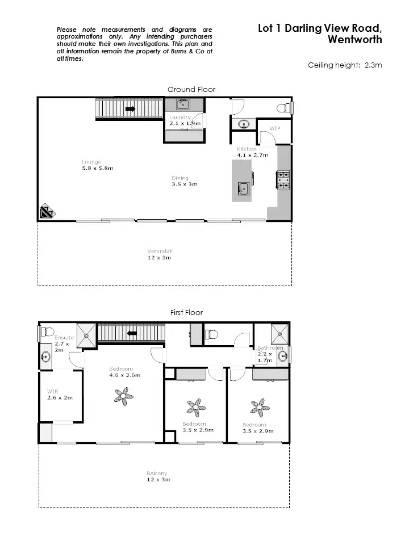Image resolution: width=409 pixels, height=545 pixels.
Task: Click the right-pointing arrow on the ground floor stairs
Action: [x=130, y=108]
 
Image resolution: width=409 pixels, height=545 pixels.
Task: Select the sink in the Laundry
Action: [x=183, y=104]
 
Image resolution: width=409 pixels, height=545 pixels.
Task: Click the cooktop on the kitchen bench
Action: [x=283, y=179]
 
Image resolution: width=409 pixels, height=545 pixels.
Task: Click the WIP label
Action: [x=275, y=128]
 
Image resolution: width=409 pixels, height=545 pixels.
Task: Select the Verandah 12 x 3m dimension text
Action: [x=160, y=258]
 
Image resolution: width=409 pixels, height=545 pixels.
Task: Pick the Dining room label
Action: [x=180, y=178]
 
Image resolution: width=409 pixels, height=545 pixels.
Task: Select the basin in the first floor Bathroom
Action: [x=282, y=356]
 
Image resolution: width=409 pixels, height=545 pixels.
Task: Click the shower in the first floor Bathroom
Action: [x=279, y=333]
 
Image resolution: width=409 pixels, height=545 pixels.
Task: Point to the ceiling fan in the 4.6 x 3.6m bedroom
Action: [x=123, y=396]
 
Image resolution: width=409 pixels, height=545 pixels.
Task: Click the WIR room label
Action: [x=52, y=391]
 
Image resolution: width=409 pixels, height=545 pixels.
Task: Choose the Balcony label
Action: [x=157, y=473]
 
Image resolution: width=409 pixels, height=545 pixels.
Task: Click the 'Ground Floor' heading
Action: [x=191, y=89]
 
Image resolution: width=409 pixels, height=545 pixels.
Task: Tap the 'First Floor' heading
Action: [x=186, y=312]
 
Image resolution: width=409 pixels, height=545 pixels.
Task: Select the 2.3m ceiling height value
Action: [x=373, y=65]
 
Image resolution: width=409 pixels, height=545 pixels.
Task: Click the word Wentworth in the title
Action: [x=355, y=40]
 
